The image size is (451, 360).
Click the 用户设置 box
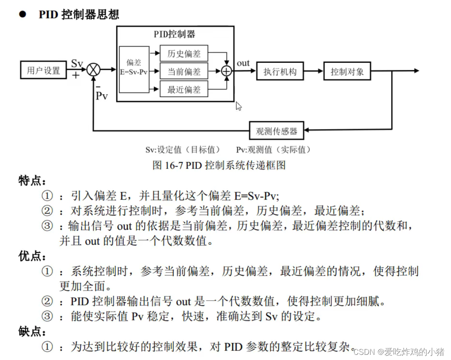pyautogui.click(x=43, y=70)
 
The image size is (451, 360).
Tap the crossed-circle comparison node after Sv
pyautogui.click(x=93, y=69)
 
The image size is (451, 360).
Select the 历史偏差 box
pyautogui.click(x=184, y=53)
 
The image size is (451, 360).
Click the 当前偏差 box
pyautogui.click(x=184, y=71)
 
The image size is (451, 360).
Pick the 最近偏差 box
pyautogui.click(x=184, y=89)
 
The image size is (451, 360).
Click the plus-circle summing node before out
pyautogui.click(x=226, y=71)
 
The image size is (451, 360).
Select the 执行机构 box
pyautogui.click(x=280, y=71)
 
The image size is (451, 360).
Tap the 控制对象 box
pyautogui.click(x=347, y=71)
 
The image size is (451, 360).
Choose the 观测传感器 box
pyautogui.click(x=276, y=131)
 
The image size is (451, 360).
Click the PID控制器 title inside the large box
pyautogui.click(x=175, y=34)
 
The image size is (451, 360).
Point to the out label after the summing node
pyautogui.click(x=243, y=63)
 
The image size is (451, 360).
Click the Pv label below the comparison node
pyautogui.click(x=101, y=95)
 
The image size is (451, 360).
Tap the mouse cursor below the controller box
pyautogui.click(x=239, y=106)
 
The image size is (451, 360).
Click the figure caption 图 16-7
pyautogui.click(x=219, y=165)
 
